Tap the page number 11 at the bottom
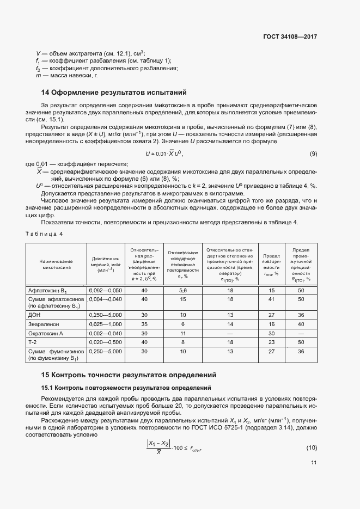(x=314, y=463)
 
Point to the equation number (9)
(x=313, y=154)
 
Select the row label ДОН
(x=34, y=315)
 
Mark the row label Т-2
(x=33, y=342)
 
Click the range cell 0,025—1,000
(x=105, y=324)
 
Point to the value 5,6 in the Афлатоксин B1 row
(x=183, y=291)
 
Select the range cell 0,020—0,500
(x=105, y=342)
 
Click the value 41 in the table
(x=272, y=299)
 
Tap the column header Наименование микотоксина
(x=56, y=260)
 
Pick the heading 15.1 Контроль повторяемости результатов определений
(x=126, y=388)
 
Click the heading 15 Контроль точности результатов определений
(x=129, y=375)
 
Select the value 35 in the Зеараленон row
(x=144, y=324)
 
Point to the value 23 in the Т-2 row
(x=272, y=342)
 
